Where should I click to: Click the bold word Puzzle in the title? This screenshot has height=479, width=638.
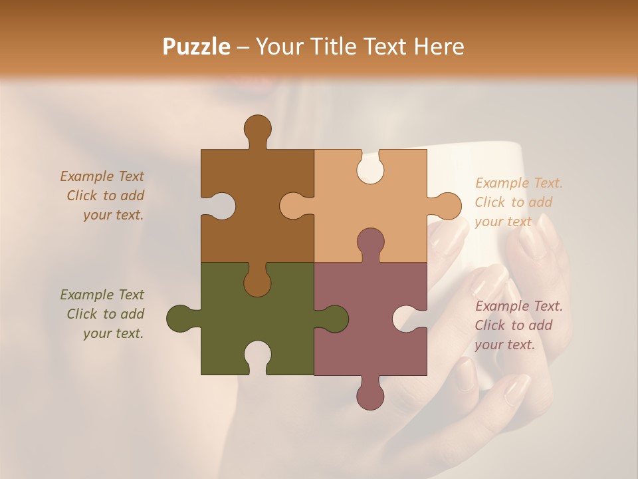point(197,47)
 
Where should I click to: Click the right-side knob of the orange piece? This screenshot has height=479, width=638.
point(446,206)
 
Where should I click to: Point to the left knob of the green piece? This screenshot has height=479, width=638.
point(181,319)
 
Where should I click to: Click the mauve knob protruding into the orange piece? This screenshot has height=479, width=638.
point(370,242)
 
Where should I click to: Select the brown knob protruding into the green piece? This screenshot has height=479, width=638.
point(257,282)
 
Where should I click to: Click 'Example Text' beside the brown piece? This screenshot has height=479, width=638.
point(102,176)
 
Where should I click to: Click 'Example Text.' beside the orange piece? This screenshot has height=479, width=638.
point(518,183)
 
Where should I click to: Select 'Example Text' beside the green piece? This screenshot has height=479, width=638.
point(102,295)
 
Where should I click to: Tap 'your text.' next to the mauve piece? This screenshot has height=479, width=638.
point(504,345)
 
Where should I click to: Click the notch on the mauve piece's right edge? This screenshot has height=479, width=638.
point(408,319)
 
